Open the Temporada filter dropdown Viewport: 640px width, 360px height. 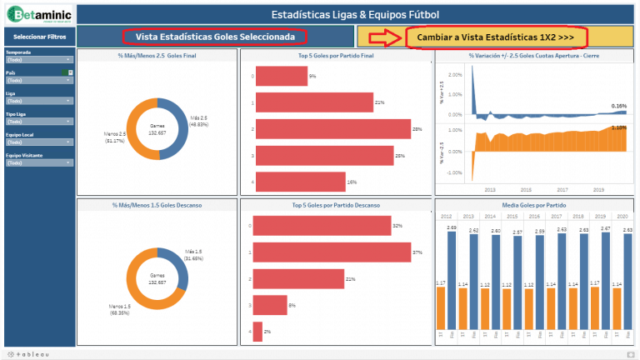38,60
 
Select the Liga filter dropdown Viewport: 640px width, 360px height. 38,101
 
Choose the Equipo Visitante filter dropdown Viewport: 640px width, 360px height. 38,162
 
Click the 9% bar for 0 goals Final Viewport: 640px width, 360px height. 280,76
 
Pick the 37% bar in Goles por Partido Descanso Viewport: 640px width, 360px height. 332,252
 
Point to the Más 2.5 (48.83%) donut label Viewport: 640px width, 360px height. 199,121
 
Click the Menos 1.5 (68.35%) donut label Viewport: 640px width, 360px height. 120,310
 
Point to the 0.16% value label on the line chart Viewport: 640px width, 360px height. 618,106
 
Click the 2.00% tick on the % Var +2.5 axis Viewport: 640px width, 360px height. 454,74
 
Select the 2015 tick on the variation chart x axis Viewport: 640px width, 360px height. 527,189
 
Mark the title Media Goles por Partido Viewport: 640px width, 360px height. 533,204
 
